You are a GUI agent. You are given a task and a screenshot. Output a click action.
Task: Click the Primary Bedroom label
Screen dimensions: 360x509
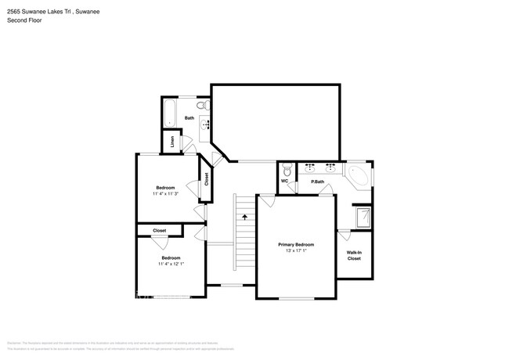pyautogui.click(x=295, y=244)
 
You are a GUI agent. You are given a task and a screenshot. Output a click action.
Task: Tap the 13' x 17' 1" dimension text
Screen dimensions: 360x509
pyautogui.click(x=295, y=252)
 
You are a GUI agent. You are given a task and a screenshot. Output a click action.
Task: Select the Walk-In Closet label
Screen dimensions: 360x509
pyautogui.click(x=354, y=255)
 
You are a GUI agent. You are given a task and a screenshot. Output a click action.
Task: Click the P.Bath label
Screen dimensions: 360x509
pyautogui.click(x=318, y=182)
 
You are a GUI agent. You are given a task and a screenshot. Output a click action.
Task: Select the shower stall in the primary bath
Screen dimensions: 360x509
pyautogui.click(x=364, y=216)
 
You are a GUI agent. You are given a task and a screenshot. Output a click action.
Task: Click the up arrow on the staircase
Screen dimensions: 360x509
pyautogui.click(x=244, y=217)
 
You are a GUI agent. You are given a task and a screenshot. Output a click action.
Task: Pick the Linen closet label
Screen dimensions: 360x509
pyautogui.click(x=173, y=142)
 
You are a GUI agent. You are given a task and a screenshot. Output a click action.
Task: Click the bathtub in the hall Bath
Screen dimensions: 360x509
pyautogui.click(x=169, y=113)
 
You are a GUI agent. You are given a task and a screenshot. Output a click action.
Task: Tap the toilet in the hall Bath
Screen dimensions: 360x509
pyautogui.click(x=201, y=106)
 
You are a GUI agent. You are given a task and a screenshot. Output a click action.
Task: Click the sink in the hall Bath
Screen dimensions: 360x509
pyautogui.click(x=208, y=124)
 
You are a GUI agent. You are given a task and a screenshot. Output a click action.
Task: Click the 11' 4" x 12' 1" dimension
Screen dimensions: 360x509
pyautogui.click(x=171, y=265)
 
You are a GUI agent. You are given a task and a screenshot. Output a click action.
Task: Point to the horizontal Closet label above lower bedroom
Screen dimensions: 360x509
pyautogui.click(x=159, y=231)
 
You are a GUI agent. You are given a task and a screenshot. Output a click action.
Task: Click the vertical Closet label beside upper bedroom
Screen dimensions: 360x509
pyautogui.click(x=207, y=178)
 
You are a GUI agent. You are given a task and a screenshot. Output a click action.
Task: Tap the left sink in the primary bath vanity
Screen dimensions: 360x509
pyautogui.click(x=311, y=167)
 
